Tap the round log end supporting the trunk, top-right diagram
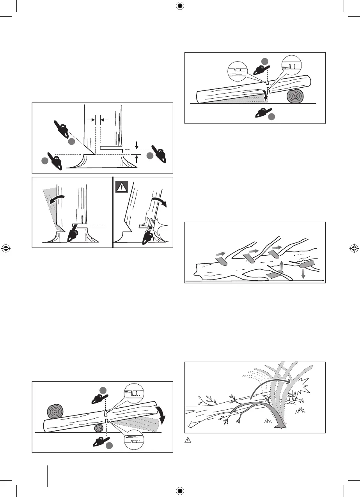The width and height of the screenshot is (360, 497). coord(296,96)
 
